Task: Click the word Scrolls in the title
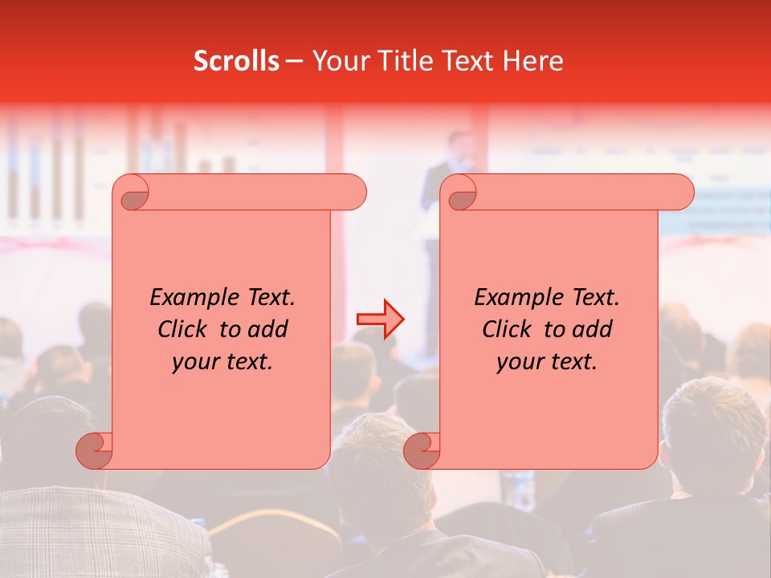pos(236,61)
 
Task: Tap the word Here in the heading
pos(532,61)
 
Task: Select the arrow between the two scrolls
pos(381,319)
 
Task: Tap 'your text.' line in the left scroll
pos(222,361)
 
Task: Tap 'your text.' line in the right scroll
pos(547,361)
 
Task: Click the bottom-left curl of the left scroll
pos(93,450)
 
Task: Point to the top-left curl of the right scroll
pos(460,193)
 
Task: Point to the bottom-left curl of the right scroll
pos(420,450)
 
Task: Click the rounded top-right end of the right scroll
pos(679,193)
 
